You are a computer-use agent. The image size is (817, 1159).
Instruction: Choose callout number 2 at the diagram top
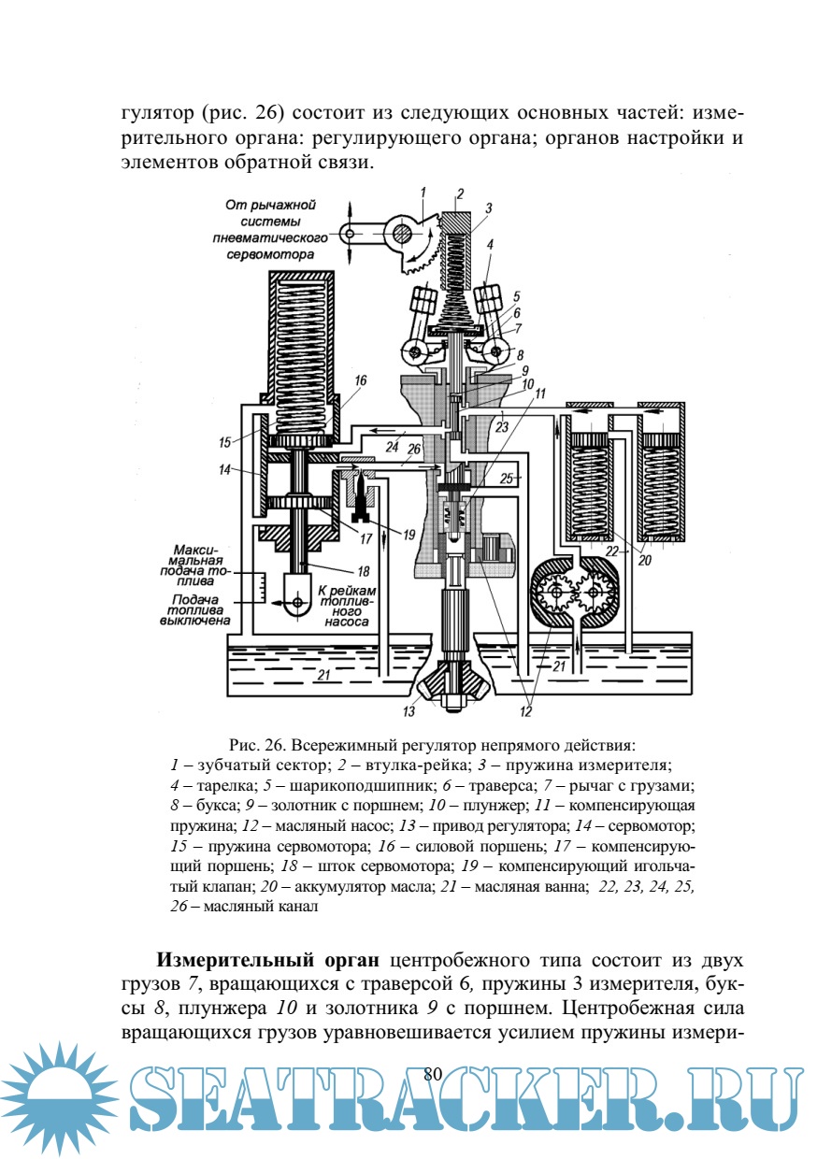(459, 194)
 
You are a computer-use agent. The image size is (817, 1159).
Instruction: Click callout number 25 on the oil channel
(508, 479)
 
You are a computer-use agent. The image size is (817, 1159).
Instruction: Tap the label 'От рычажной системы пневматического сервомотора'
(271, 228)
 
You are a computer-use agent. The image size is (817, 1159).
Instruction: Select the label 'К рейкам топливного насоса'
(347, 605)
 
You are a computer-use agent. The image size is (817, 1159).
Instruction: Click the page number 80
(432, 1075)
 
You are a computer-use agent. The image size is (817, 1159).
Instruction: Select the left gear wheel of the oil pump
(553, 591)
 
